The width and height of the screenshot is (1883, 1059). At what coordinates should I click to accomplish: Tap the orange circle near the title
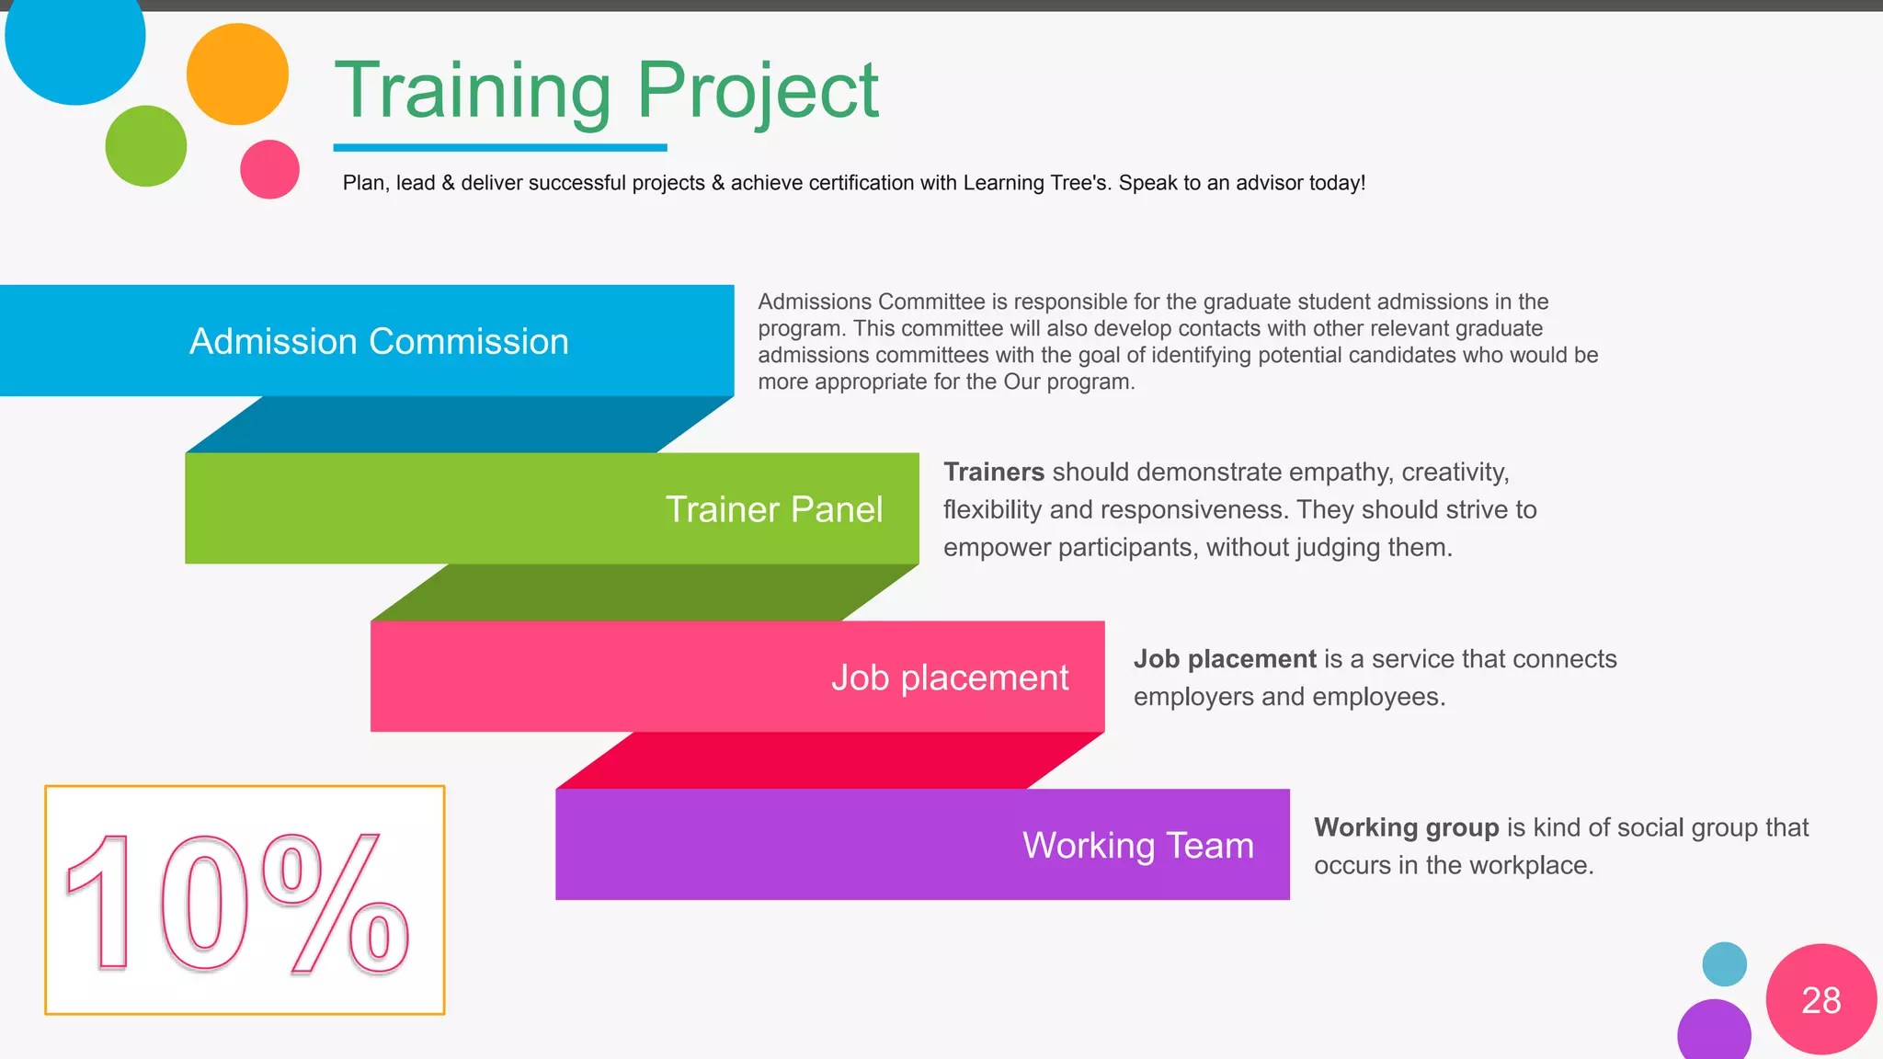237,74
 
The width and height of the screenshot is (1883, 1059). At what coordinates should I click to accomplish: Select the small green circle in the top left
145,146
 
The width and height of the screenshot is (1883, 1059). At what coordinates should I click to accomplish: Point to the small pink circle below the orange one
269,169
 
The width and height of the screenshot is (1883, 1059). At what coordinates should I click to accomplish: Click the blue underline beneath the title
499,147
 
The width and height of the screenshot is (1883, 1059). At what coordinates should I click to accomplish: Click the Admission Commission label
379,341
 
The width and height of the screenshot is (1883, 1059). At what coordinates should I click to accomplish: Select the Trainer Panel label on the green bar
773,509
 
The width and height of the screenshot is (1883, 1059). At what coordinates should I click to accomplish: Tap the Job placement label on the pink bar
950,678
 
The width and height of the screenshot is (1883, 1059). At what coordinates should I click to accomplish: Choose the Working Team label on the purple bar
1137,845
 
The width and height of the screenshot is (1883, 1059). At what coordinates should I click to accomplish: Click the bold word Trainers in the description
993,472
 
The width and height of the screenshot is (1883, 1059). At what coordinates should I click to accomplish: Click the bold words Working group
1406,827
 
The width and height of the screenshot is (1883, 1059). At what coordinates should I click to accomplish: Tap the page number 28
1820,1000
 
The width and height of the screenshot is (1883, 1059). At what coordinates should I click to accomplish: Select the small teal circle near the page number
1724,964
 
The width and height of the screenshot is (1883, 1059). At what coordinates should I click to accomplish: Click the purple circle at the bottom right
1714,1031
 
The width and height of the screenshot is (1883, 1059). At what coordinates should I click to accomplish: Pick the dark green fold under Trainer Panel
644,593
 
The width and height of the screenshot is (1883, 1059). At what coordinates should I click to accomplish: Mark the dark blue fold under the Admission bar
460,425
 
